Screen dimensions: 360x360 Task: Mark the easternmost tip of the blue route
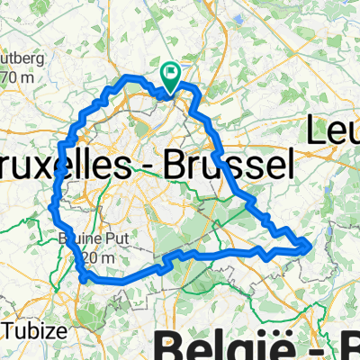pos(310,244)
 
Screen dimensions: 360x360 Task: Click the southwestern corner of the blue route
pos(84,280)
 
